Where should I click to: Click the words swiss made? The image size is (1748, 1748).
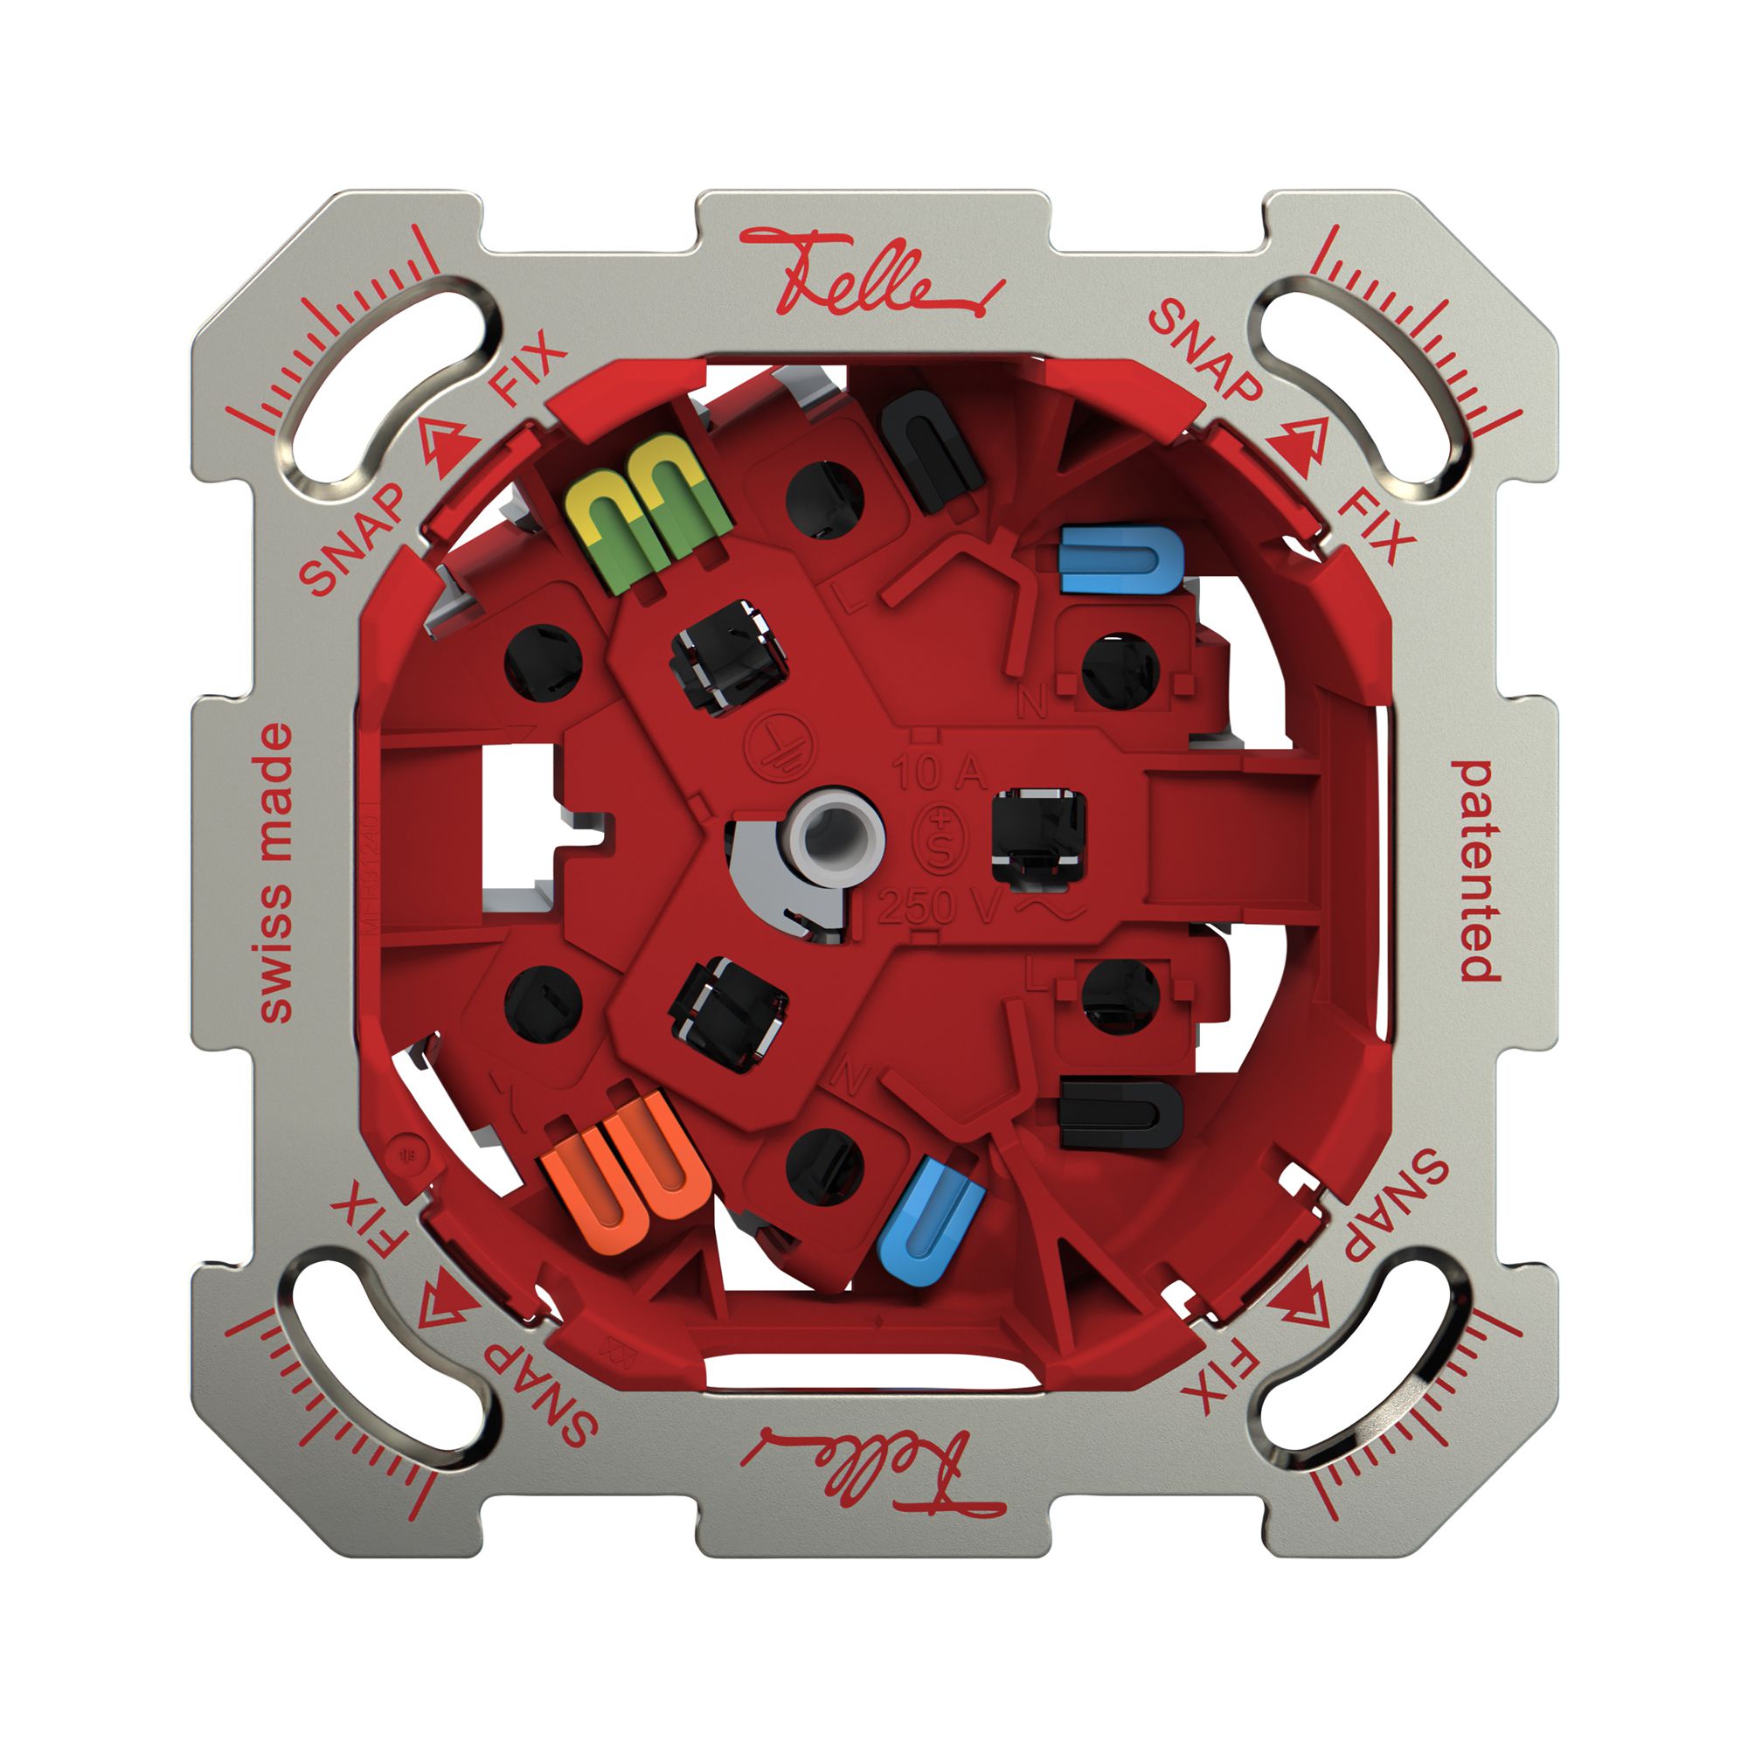[275, 872]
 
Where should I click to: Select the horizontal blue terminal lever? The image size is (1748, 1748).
[1120, 558]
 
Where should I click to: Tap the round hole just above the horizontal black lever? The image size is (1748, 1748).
[1120, 995]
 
